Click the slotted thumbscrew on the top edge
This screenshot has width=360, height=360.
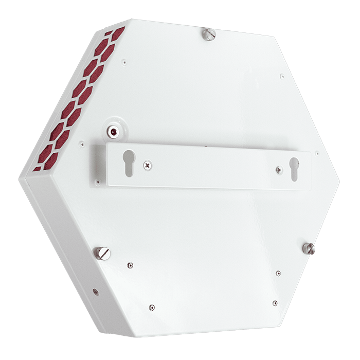coord(208,34)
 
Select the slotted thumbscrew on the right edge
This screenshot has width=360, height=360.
coord(309,248)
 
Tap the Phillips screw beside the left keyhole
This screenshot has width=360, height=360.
coord(148,166)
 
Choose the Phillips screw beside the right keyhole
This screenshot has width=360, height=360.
coord(279,169)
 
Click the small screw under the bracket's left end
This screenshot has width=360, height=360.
coord(96,180)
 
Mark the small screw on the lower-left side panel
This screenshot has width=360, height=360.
coord(95,292)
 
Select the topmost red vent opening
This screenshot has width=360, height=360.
coord(118,34)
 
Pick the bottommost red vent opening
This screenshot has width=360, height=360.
coord(37,168)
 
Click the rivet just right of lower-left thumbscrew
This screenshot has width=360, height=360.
coord(130,265)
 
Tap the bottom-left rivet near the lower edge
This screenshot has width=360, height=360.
coord(151,308)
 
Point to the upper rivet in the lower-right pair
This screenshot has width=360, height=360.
coord(278,273)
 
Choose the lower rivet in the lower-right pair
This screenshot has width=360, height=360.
coord(275,303)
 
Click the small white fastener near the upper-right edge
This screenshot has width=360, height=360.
coord(281,77)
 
